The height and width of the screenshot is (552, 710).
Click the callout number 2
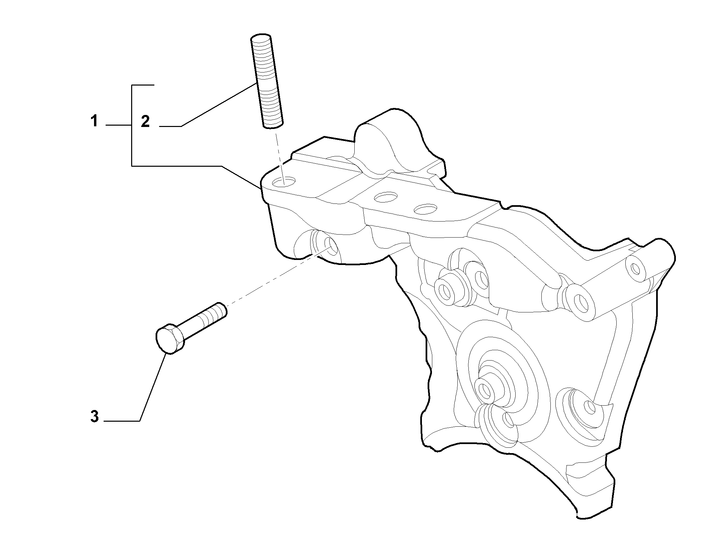point(145,121)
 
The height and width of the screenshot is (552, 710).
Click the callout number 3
point(95,417)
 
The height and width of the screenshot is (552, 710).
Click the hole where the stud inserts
point(284,182)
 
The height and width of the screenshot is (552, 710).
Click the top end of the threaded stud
point(261,36)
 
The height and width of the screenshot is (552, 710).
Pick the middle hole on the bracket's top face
point(386,197)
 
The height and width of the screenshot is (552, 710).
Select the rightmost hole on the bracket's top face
point(426,209)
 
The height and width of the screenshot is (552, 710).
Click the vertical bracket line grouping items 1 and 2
point(132,126)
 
